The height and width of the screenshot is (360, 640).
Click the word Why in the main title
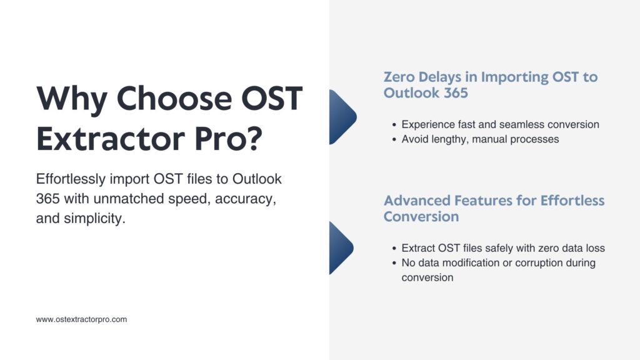pos(72,99)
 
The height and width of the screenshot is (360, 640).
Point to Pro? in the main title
pos(228,138)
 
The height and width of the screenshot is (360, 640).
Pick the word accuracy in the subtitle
pos(245,199)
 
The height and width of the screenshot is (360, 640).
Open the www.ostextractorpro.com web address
pos(81,319)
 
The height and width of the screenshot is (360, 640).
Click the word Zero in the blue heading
pos(399,77)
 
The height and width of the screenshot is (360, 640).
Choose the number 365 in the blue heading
pos(456,92)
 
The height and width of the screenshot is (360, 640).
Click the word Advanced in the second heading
pos(417,201)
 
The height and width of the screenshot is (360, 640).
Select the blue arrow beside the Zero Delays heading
pos(342,117)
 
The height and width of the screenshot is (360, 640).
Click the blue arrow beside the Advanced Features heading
pos(341,247)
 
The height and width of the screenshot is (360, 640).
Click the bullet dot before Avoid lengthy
pos(394,139)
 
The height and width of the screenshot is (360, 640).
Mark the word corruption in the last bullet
pos(539,263)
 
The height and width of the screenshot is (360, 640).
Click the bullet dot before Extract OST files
pos(394,249)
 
